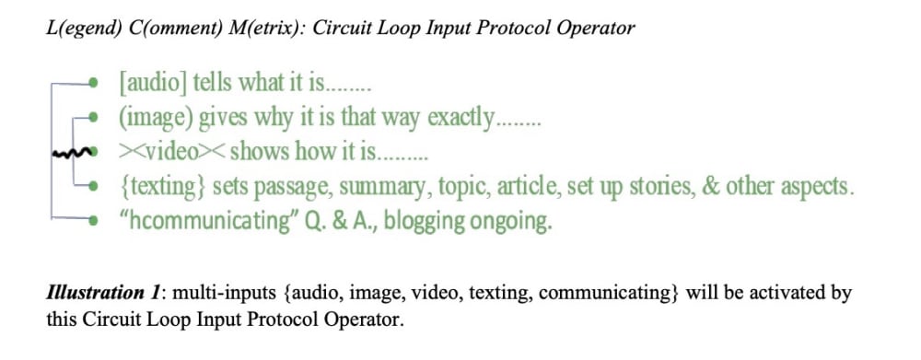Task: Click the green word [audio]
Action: (x=153, y=84)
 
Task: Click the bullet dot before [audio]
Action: (x=93, y=84)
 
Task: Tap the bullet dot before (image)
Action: (x=93, y=118)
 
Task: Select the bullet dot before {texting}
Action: (x=93, y=186)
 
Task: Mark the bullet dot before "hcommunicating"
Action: (x=93, y=220)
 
